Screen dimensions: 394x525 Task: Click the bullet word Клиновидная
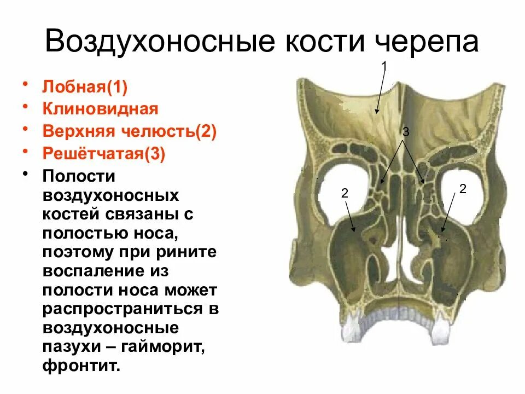[x=101, y=109]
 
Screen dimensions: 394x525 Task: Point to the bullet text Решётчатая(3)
[x=104, y=154]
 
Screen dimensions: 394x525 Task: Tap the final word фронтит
[x=80, y=365]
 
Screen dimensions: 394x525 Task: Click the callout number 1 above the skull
[x=384, y=66]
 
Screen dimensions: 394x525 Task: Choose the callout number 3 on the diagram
[x=405, y=132]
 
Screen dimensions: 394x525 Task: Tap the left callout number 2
[x=345, y=193]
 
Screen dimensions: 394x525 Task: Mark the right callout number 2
[x=463, y=189]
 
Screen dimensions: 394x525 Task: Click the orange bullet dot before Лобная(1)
[x=26, y=85]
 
